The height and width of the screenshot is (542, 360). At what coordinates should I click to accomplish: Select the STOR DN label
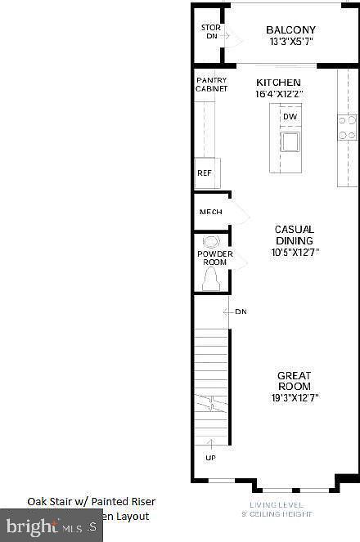210,32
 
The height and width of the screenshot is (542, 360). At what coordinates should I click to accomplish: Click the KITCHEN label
278,83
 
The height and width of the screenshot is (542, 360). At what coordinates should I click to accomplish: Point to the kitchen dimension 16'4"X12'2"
278,94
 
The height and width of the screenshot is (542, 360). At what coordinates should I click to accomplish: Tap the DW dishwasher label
290,117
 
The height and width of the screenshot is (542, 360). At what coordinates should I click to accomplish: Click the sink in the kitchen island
290,141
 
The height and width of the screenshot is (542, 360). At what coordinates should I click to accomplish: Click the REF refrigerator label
205,173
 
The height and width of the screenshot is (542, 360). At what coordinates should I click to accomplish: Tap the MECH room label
211,213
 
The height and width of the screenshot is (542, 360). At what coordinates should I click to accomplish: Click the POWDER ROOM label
214,258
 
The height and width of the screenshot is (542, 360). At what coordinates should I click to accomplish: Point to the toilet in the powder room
211,278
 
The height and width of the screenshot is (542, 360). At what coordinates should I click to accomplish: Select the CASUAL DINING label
295,235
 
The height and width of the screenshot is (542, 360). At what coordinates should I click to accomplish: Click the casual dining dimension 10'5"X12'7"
295,253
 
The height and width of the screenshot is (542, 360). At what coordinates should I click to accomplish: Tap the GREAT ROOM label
295,381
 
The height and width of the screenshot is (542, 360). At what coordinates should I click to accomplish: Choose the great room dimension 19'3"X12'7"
295,398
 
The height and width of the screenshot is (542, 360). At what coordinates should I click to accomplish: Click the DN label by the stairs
241,311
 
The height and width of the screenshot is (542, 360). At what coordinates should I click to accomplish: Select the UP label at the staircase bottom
211,458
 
